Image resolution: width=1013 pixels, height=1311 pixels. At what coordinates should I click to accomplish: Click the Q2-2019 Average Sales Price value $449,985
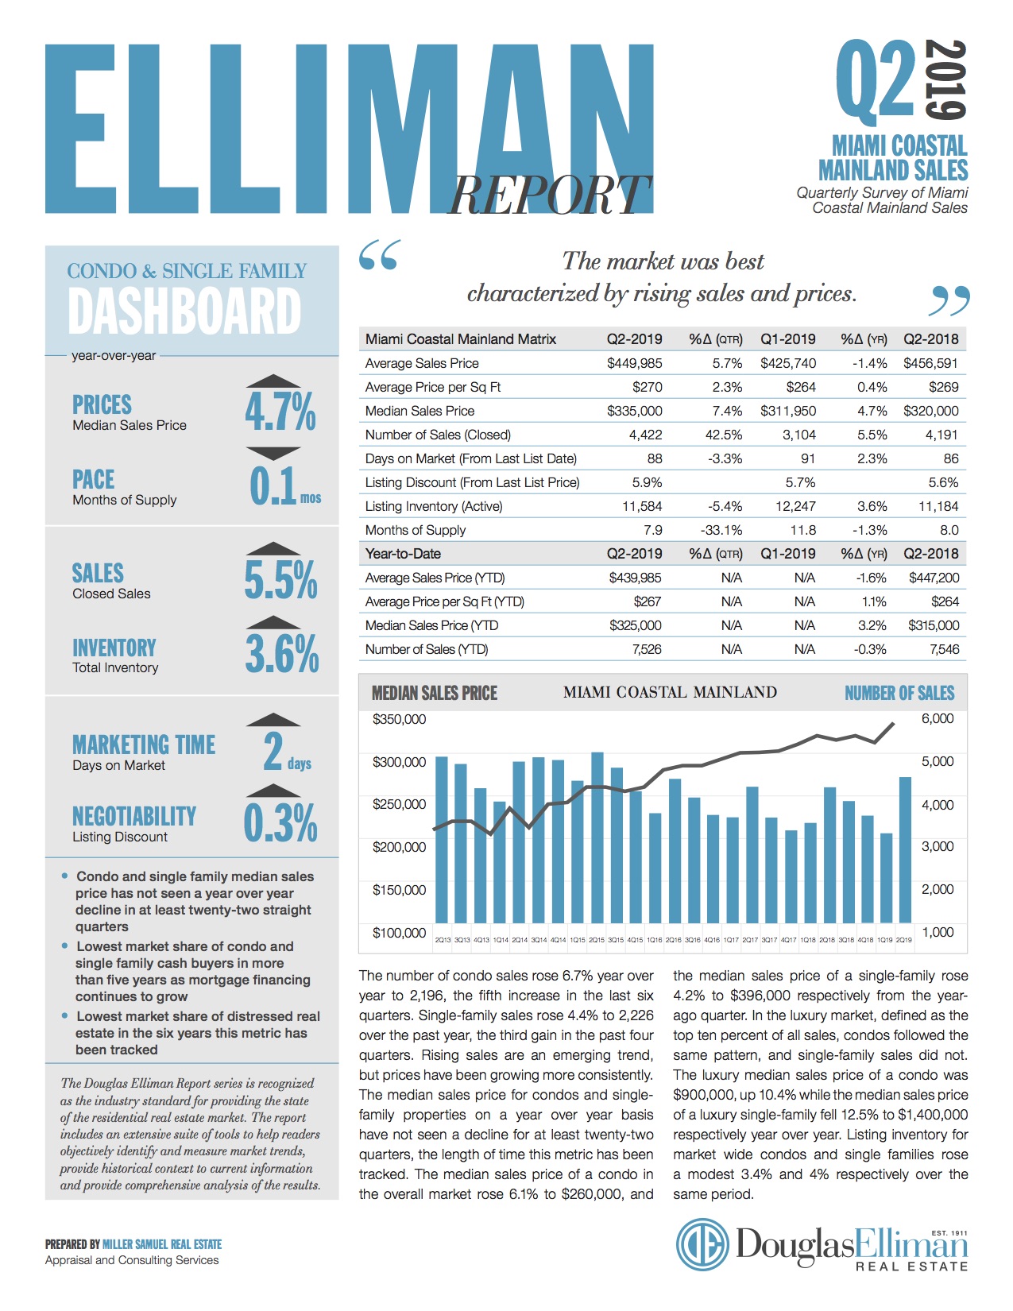[x=634, y=363]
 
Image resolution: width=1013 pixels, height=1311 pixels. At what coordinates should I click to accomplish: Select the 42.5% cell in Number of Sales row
[x=724, y=435]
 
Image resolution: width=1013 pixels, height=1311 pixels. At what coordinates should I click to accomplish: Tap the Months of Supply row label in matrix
[x=415, y=530]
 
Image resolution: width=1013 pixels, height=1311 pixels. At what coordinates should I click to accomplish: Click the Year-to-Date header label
[x=403, y=554]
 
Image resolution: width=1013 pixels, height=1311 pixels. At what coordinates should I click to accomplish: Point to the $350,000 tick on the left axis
[x=399, y=719]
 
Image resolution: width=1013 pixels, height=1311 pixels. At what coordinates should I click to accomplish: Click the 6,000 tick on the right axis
[x=938, y=718]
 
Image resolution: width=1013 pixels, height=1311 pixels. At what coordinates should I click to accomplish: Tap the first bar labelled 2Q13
[x=442, y=845]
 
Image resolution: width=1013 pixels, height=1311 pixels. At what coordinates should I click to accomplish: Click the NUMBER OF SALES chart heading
[x=899, y=694]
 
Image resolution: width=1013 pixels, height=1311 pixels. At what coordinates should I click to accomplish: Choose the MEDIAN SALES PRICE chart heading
[x=435, y=694]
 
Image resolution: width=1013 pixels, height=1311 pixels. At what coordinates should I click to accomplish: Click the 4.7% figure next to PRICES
[x=280, y=412]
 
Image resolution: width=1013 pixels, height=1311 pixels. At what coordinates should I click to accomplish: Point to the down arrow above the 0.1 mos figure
[x=273, y=454]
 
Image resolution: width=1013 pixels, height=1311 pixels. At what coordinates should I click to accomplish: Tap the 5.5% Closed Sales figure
[x=280, y=579]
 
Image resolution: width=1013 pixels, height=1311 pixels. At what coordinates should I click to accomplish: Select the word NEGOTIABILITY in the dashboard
[x=134, y=816]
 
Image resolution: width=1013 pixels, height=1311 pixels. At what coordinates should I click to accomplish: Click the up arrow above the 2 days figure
[x=273, y=719]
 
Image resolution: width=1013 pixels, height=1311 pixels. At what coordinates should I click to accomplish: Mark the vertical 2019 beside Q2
[x=948, y=79]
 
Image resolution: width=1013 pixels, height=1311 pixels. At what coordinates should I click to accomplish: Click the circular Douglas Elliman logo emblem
[x=702, y=1244]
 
